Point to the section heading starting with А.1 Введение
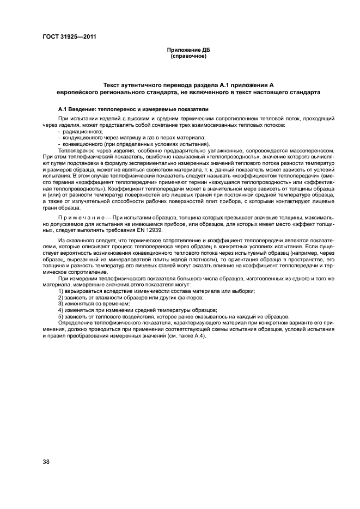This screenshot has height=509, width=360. tap(130, 108)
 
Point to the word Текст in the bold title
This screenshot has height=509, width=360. tap(113, 85)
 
